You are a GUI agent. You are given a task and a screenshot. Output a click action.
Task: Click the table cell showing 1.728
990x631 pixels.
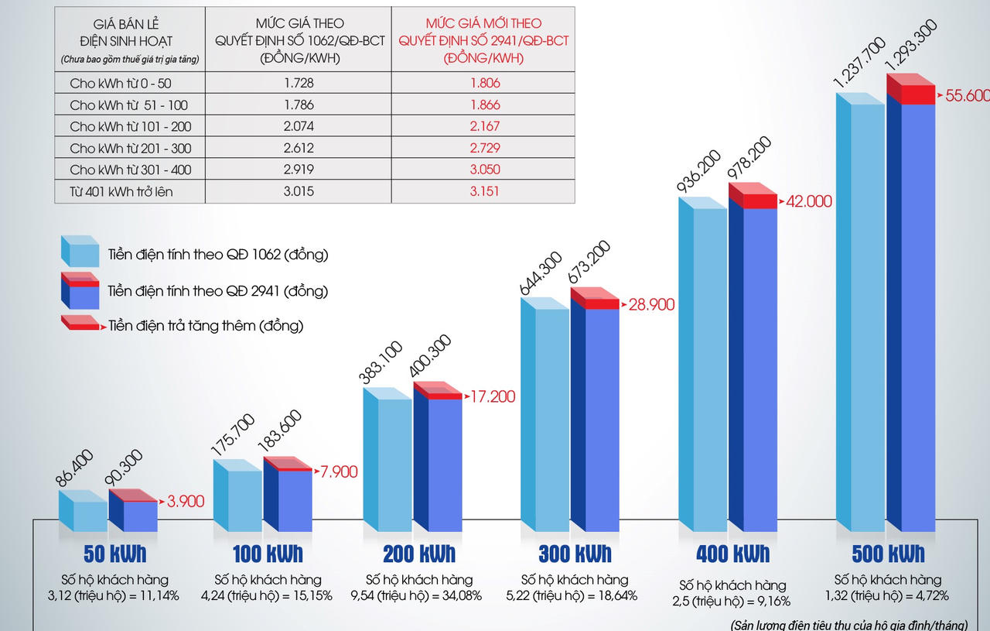[299, 83]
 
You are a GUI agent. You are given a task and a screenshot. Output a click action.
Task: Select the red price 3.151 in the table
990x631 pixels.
[484, 190]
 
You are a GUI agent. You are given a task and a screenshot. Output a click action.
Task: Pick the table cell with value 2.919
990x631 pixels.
[299, 170]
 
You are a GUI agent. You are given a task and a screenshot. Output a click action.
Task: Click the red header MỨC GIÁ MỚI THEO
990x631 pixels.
[484, 24]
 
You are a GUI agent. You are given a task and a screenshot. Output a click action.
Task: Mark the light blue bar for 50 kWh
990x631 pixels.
[88, 515]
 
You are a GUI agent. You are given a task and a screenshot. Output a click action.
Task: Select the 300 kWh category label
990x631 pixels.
[575, 554]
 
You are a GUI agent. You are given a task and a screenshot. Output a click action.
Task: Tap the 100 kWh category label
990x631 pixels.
[268, 554]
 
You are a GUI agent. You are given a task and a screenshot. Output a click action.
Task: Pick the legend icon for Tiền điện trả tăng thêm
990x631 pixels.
[80, 324]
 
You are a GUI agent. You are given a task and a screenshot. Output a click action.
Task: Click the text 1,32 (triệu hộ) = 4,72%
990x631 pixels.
[887, 595]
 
